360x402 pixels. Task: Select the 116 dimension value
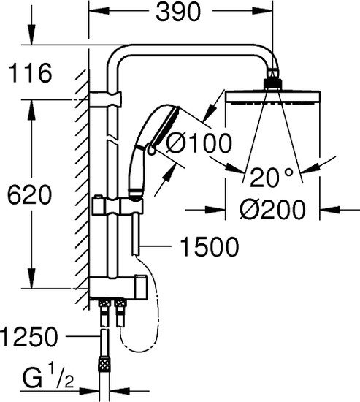(x=27, y=74)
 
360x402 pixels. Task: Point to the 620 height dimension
(x=26, y=195)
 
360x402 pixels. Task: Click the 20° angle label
(x=269, y=177)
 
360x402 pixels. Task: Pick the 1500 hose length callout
(x=208, y=248)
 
